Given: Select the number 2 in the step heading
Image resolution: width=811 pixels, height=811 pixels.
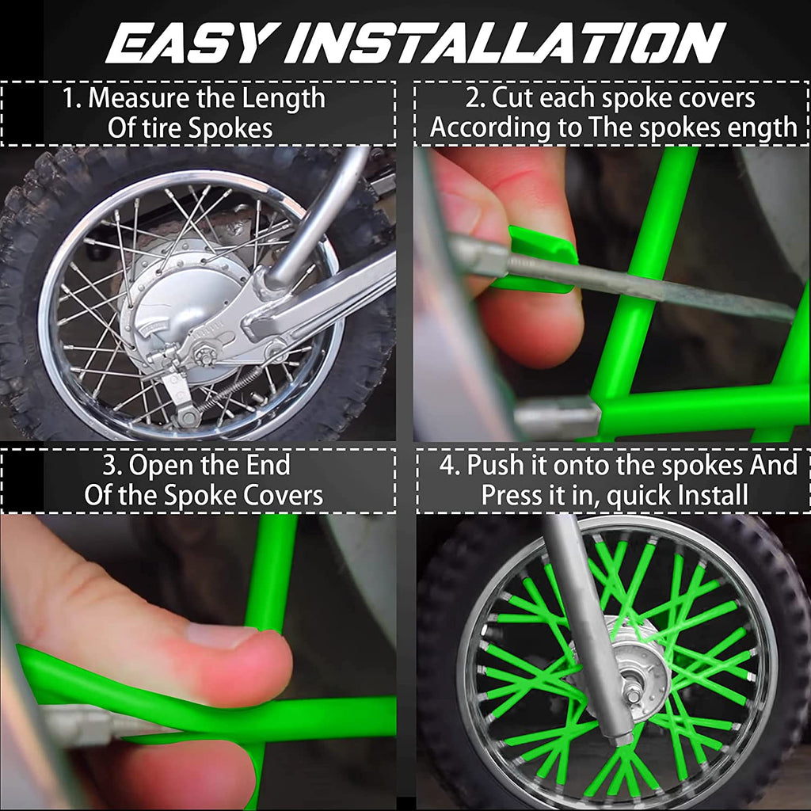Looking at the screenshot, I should click(474, 99).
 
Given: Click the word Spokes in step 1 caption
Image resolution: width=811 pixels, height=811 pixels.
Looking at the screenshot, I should click(230, 128).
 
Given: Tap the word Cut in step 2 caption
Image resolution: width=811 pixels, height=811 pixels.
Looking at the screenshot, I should click(513, 99).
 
